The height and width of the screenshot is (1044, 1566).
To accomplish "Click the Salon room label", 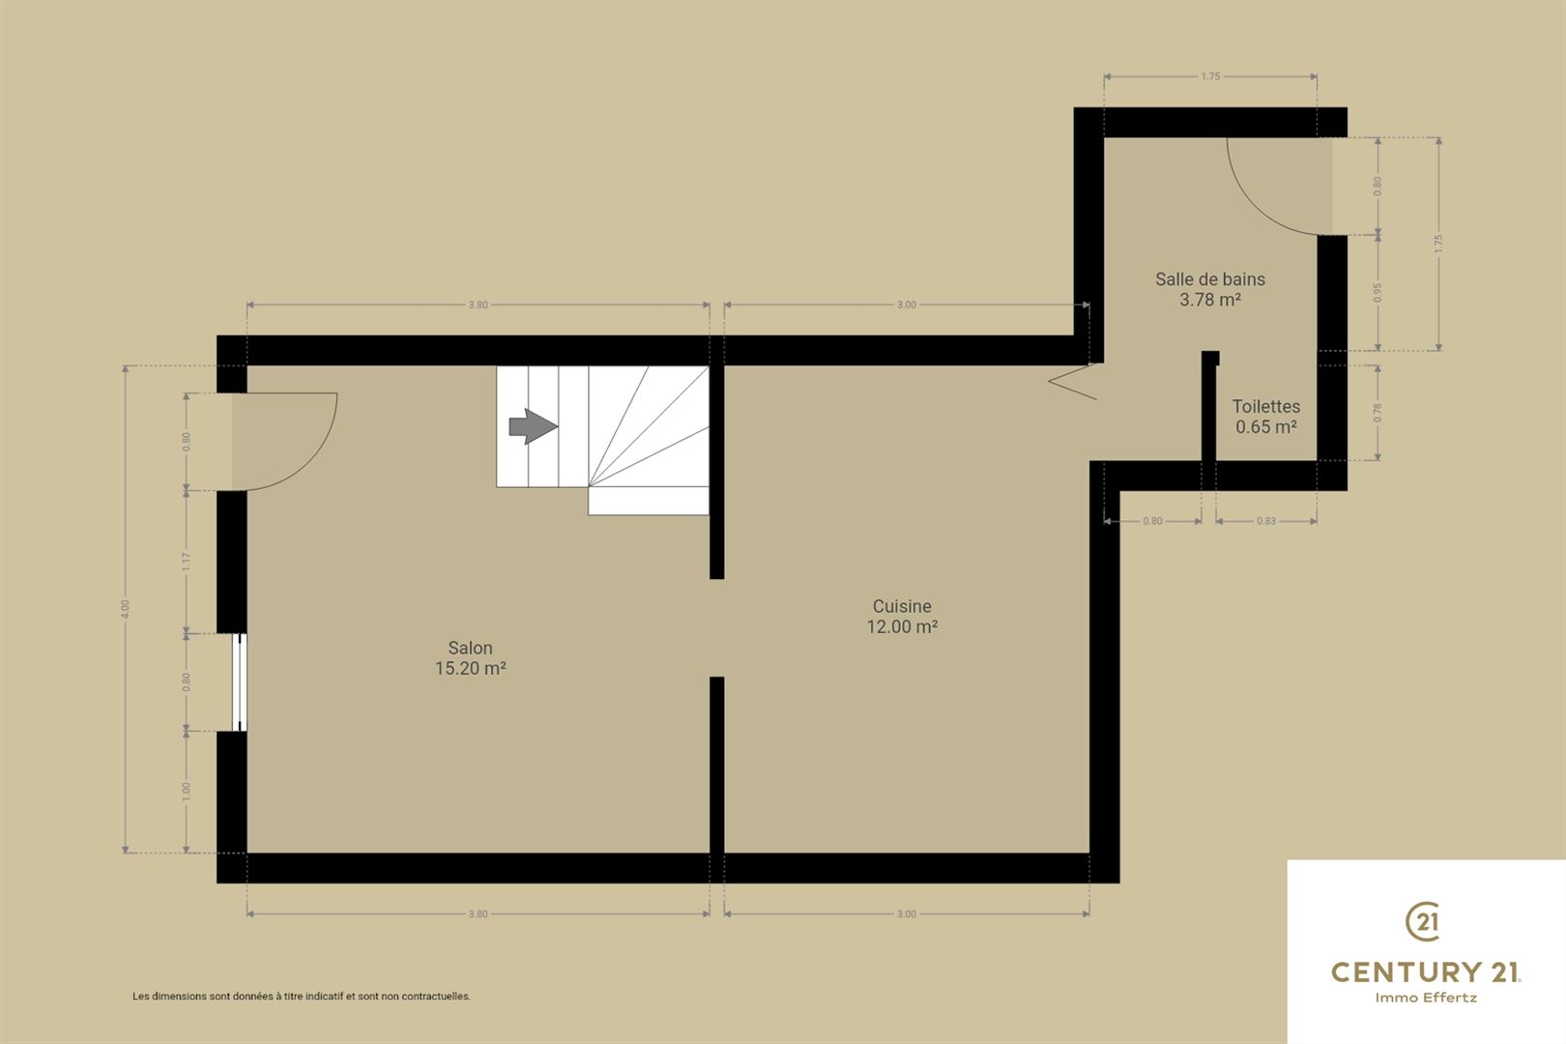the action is [x=470, y=649].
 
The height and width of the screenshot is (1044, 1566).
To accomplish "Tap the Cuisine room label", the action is [x=902, y=606].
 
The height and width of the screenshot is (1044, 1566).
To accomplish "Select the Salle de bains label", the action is [x=1210, y=279].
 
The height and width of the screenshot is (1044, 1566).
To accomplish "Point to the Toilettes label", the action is [x=1266, y=406].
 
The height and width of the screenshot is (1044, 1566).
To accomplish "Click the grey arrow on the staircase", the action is [x=534, y=426].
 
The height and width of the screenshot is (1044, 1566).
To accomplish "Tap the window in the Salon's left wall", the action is [x=239, y=682].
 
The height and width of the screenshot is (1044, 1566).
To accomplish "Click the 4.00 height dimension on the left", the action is [x=126, y=609].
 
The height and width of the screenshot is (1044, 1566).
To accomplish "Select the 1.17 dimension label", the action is [x=186, y=562].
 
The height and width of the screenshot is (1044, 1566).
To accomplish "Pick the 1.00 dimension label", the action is [x=186, y=791].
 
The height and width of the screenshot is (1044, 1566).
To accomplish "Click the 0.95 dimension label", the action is [x=1377, y=291].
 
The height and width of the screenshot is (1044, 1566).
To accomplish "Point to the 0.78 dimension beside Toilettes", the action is [x=1377, y=414].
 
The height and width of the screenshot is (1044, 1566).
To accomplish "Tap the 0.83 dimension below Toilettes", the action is [x=1266, y=521].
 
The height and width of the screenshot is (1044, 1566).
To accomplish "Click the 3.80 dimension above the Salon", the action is [x=478, y=304].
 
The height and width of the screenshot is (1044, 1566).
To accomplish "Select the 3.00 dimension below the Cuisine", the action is [x=906, y=913].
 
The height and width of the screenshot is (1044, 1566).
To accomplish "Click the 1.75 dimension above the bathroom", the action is [x=1210, y=77].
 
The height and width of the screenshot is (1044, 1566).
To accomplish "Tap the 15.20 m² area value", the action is [x=471, y=669].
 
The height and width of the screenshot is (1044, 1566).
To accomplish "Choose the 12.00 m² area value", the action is [x=902, y=626].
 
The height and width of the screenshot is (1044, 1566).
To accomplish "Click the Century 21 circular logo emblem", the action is [x=1423, y=921].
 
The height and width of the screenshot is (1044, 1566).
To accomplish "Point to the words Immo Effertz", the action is [x=1426, y=998].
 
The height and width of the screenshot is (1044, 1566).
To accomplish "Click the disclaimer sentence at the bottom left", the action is [x=302, y=997].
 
